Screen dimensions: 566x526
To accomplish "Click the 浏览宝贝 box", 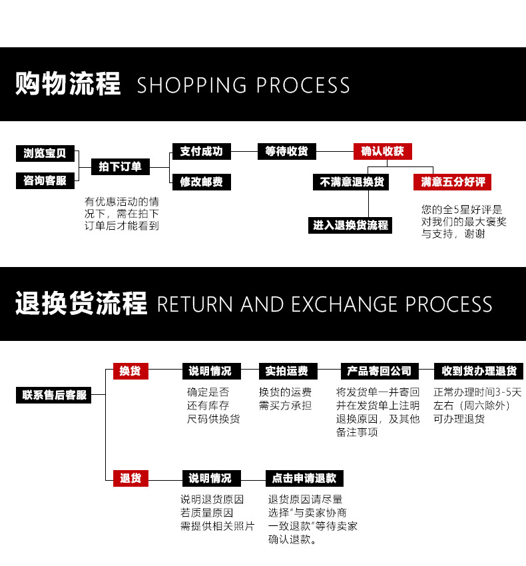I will pos(45,153).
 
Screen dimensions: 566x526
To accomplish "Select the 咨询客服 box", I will pos(45,180).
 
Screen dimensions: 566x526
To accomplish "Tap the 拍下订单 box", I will pos(121,166).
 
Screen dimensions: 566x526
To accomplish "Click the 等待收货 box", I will pos(287,151).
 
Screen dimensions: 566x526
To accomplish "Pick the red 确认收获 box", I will pos(382,151).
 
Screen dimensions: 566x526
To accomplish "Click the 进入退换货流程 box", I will pos(351,225).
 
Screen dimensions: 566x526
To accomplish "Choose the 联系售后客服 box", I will pos(55,395).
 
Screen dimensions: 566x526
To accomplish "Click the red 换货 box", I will pos(131,371).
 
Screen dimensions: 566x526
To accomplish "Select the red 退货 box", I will pos(131,477).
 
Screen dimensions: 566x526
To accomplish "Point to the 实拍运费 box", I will pos(287,371).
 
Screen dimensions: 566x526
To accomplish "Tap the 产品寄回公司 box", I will pos(380,371).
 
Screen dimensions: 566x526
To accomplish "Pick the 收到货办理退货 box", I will pos(479,371).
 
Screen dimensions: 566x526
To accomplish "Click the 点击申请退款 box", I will pos(304,477).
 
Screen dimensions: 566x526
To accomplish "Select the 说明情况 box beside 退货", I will pos(210,477).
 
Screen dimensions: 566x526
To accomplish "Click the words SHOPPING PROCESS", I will pos(243,85).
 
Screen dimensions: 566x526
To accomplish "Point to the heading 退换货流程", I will pos(81,304).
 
